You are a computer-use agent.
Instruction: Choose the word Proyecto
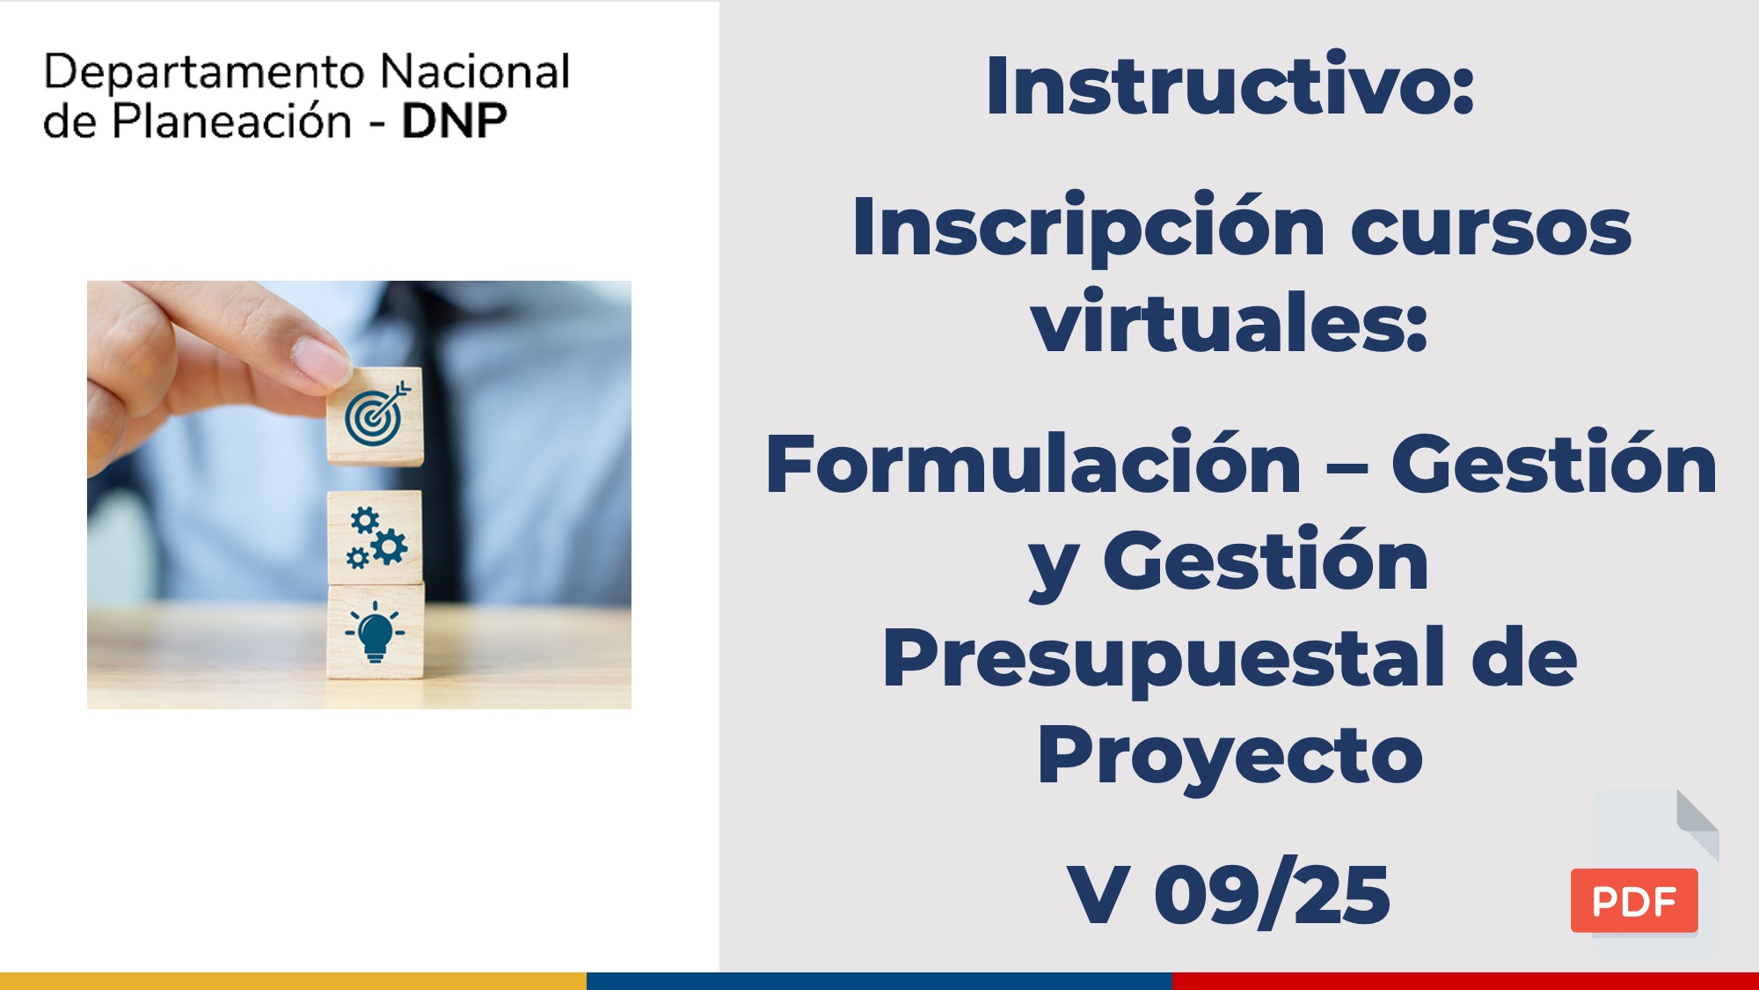point(1230,757)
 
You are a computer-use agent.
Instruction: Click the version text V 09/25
point(1228,894)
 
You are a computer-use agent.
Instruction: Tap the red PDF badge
point(1634,900)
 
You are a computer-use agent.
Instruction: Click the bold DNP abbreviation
point(454,121)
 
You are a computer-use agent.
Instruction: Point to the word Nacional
point(475,71)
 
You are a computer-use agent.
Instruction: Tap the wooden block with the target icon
point(376,416)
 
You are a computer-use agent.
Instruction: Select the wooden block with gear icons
point(376,537)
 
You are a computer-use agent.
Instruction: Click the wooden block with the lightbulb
point(376,632)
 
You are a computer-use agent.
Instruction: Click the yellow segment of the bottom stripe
point(293,981)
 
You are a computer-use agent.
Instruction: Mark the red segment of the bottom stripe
point(1465,981)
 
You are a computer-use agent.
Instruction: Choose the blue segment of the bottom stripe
point(879,981)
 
